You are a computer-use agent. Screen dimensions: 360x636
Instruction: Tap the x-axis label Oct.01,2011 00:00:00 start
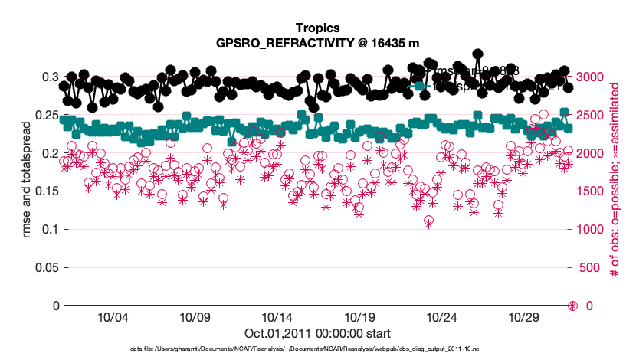[317, 333]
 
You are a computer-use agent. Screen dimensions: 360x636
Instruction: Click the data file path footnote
[317, 349]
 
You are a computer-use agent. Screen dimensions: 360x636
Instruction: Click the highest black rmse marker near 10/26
[477, 54]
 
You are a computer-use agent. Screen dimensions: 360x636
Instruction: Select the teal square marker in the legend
[420, 86]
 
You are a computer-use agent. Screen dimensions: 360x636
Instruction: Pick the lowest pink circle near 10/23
[429, 221]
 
